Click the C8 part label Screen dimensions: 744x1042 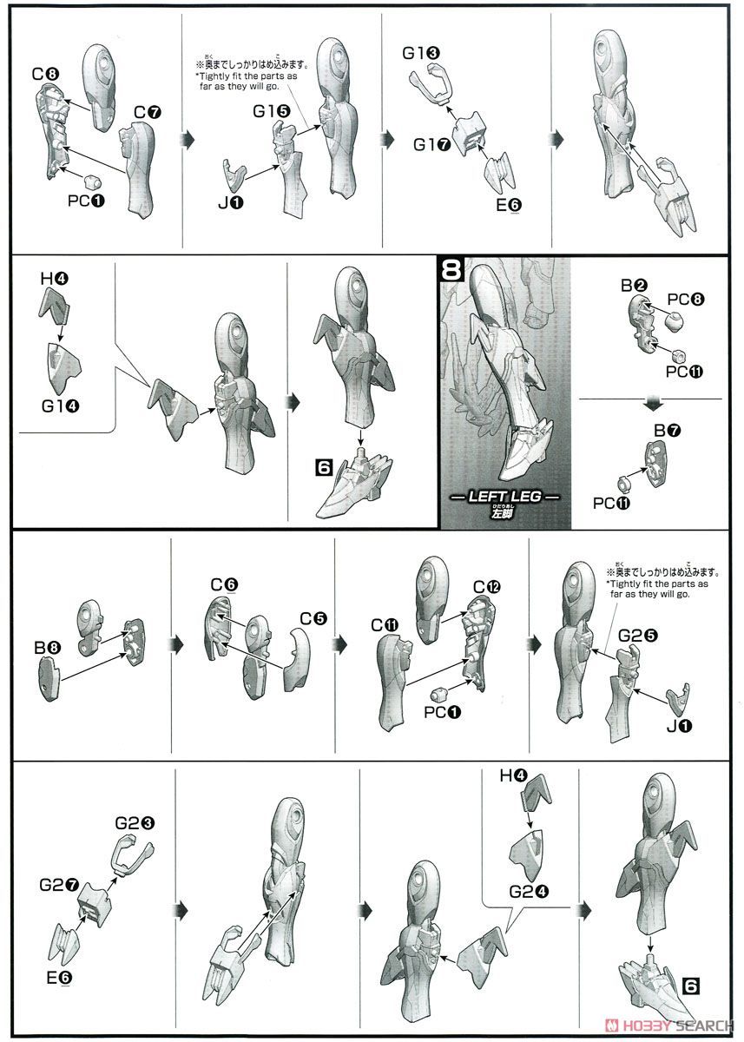(x=45, y=74)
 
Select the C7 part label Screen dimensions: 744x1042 (x=148, y=112)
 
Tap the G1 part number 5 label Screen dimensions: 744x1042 (x=272, y=111)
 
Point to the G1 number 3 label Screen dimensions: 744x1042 (x=421, y=53)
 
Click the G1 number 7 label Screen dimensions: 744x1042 (x=432, y=145)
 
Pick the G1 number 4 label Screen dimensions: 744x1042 (x=61, y=406)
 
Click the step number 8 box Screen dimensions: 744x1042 (x=451, y=269)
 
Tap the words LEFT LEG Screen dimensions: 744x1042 (x=504, y=497)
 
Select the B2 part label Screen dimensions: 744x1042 (x=635, y=285)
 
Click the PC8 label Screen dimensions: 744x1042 (x=686, y=299)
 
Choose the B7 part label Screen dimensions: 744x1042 (x=668, y=431)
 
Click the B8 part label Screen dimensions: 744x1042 (x=48, y=647)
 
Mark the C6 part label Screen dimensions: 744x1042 (x=225, y=584)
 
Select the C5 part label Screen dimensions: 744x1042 (x=314, y=618)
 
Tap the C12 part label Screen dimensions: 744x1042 (x=487, y=587)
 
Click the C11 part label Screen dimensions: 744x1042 (x=385, y=626)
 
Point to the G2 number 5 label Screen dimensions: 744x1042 (x=637, y=636)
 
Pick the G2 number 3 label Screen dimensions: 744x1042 (x=135, y=823)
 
